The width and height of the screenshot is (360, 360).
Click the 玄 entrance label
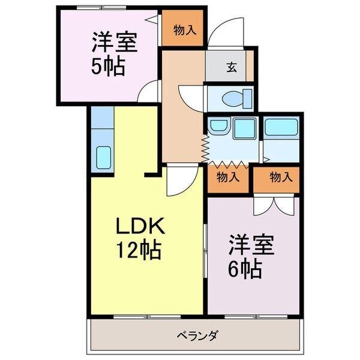pos(231,67)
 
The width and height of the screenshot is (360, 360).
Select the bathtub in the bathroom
pos(281,127)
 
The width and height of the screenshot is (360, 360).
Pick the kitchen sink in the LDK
pos(104,158)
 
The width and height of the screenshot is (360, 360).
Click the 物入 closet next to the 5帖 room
pos(184,29)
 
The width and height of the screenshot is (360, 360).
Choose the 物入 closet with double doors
pos(281,177)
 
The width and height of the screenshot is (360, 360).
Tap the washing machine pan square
pos(244,128)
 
